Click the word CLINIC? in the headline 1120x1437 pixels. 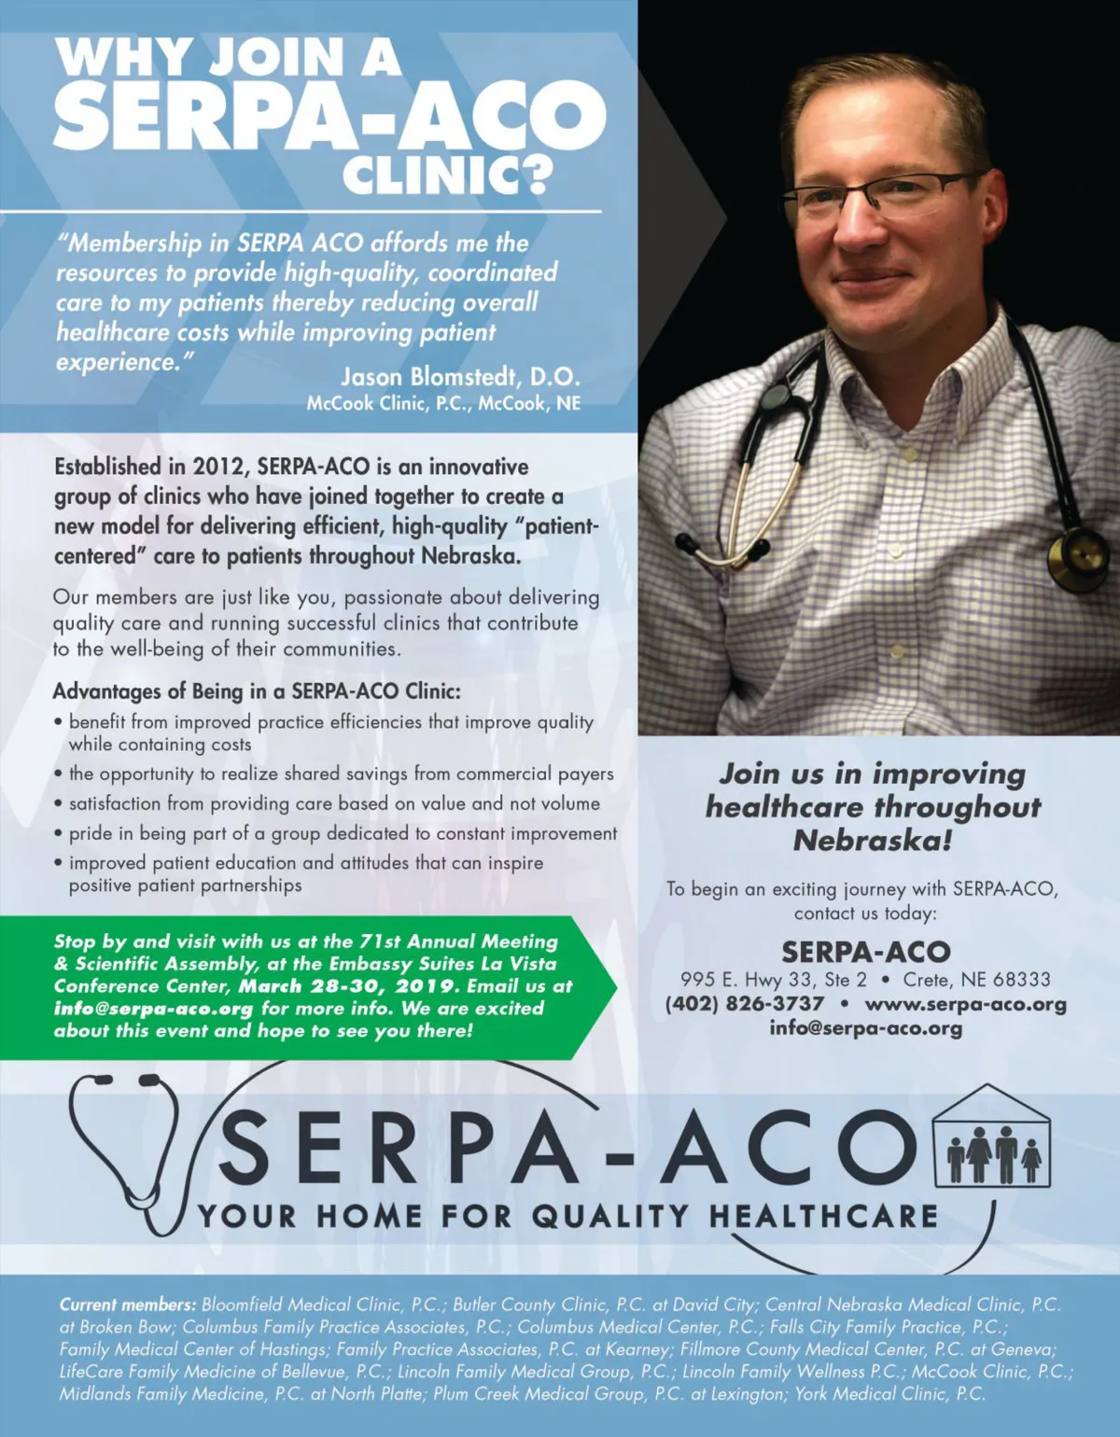[448, 174]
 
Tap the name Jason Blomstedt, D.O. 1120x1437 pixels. [460, 377]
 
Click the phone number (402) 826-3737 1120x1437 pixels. [745, 1004]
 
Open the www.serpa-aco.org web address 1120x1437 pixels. [965, 1004]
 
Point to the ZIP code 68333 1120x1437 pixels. [1021, 980]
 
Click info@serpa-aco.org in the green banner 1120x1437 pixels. [153, 1009]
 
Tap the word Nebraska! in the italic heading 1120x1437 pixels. [873, 841]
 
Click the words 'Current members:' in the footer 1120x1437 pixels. [128, 1304]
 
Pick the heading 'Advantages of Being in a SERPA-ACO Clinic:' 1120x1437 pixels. [257, 691]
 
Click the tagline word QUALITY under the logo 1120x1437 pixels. [610, 1217]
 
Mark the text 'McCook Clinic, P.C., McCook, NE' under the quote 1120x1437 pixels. [443, 403]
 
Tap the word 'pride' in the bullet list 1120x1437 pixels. [92, 833]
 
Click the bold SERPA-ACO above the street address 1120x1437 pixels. [865, 952]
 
